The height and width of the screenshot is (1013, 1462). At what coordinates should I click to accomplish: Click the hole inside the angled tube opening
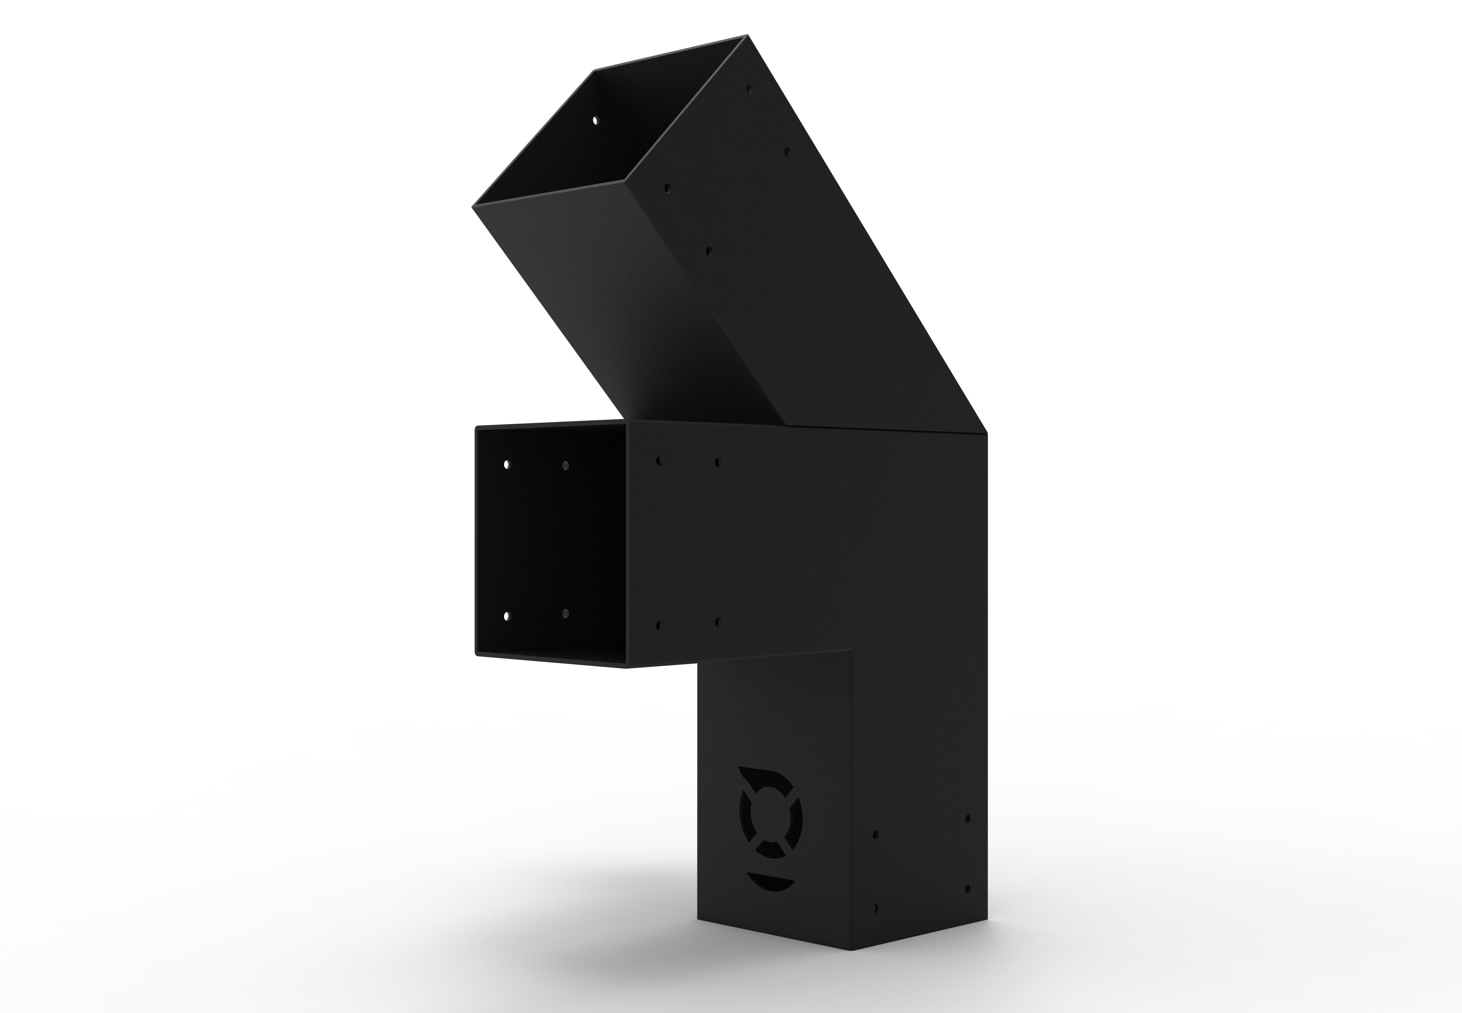[x=595, y=119]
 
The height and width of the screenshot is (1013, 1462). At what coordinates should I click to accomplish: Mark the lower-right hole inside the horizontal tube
[x=565, y=613]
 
